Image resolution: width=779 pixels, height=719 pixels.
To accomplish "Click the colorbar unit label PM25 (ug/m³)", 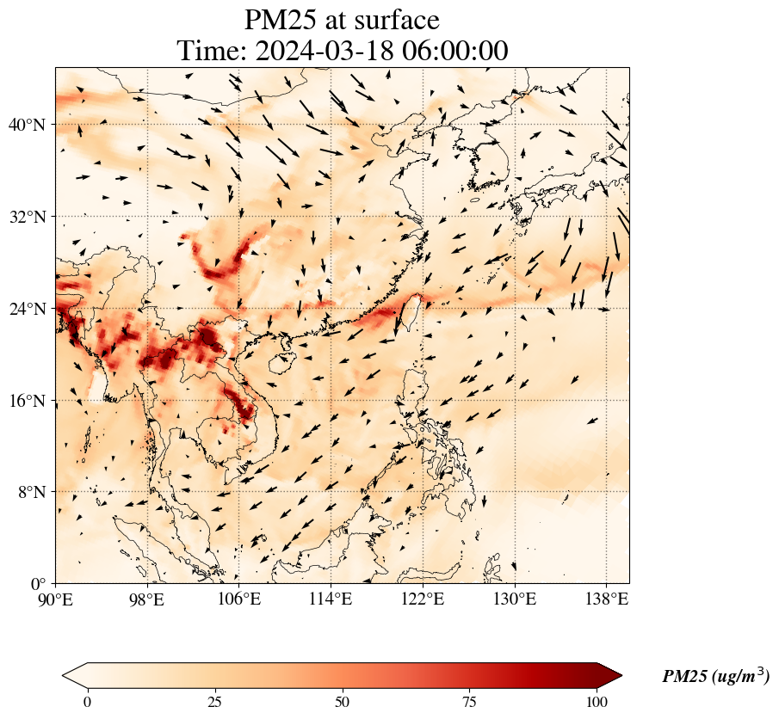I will [x=715, y=677].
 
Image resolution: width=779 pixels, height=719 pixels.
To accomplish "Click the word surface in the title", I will [x=391, y=20].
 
